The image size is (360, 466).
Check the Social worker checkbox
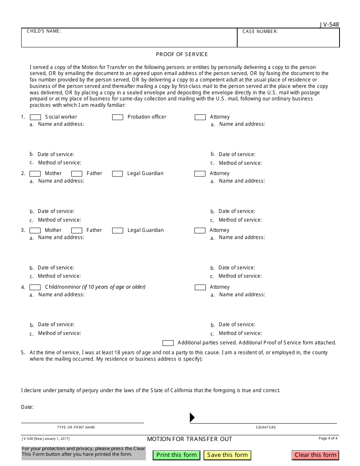pos(35,117)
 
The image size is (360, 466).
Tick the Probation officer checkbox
pos(117,117)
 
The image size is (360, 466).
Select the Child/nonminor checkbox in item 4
pos(35,287)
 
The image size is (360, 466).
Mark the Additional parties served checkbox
pos(168,343)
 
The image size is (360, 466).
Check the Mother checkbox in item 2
pos(35,174)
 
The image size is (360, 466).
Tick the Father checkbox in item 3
pos(77,230)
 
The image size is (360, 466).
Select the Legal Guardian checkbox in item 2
pos(117,174)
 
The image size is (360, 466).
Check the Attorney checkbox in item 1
pos(200,117)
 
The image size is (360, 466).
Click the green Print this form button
pos(176,455)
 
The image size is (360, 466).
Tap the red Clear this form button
pos(315,455)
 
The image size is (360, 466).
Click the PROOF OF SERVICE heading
pos(182,54)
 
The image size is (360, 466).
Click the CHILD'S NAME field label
pos(44,31)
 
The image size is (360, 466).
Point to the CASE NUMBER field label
pos(260,32)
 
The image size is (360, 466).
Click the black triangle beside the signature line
pos(192,418)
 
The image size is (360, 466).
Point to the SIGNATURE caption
pos(266,427)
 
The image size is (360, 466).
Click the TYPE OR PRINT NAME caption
pos(76,427)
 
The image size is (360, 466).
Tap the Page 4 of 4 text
pos(328,438)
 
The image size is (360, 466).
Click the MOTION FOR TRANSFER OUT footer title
pos(189,439)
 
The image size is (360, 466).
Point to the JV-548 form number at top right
pos(329,25)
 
